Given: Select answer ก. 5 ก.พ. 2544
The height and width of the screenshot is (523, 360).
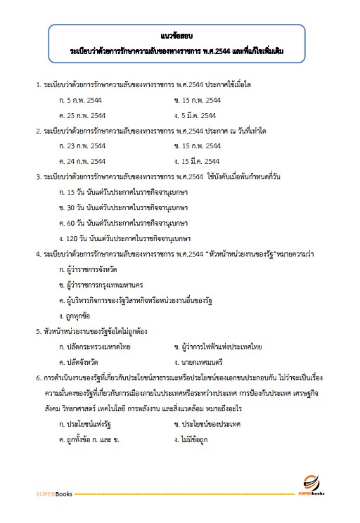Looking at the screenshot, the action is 83,100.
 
